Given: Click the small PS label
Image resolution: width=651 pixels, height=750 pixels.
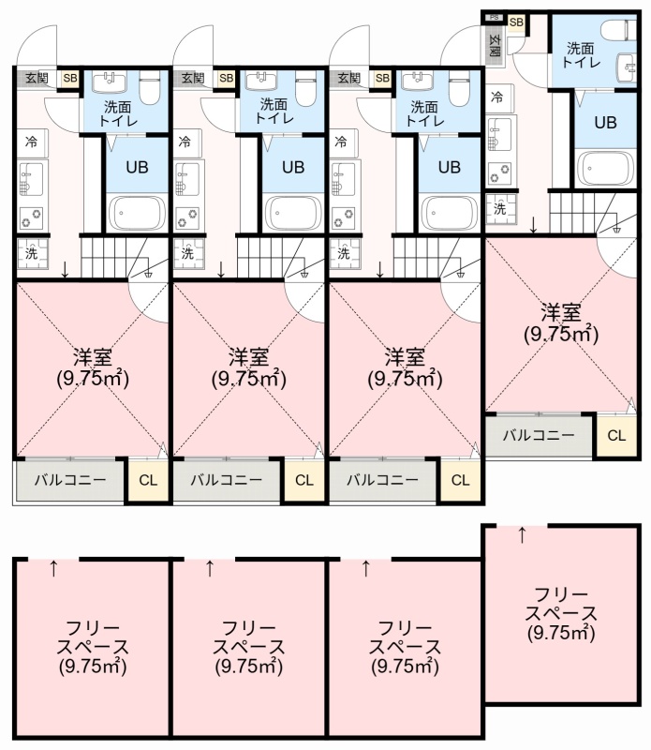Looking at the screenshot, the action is pos(495,18).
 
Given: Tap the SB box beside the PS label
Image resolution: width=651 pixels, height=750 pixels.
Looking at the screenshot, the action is pos(516,22).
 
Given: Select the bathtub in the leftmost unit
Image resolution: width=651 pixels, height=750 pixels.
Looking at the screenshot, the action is pos(137,213).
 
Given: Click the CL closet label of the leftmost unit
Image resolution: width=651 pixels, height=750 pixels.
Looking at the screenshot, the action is pos(148,480).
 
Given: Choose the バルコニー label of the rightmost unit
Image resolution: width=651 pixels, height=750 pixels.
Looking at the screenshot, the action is pos(539,435).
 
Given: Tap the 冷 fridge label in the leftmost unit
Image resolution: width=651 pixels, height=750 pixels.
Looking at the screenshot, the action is pos(32,142).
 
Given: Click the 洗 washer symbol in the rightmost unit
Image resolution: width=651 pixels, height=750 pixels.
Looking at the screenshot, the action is pos(500,209).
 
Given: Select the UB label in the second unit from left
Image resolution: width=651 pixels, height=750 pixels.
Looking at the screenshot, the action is pos(293,167).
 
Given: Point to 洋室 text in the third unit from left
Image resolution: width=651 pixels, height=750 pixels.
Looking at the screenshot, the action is pos(405,356).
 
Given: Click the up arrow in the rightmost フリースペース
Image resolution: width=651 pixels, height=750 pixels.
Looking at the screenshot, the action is pos(523,535).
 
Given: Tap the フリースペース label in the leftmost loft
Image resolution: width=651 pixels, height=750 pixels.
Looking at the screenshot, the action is pos(93,637).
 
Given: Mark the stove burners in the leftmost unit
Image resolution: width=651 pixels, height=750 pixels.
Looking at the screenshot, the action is pos(31,218).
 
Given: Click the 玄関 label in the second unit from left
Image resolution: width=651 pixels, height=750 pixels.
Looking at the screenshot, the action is pos(193,78).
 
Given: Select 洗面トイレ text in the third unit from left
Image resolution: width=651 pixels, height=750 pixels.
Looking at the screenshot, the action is pos(424,112).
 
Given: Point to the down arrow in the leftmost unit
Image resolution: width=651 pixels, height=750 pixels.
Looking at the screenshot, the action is pos(65,269).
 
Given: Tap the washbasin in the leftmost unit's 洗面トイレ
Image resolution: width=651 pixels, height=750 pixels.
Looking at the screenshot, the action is pos(109,81).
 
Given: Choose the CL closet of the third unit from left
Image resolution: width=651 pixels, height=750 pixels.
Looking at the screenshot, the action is pos(460,480).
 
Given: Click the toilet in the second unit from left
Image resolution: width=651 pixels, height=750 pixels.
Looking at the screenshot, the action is pos(306,88).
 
